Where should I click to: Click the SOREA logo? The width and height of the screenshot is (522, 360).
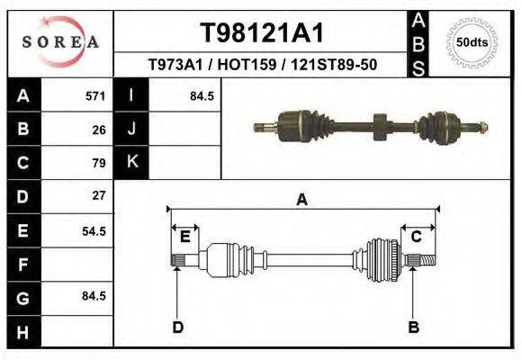tap(60, 41)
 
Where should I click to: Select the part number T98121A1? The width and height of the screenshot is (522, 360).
tap(261, 33)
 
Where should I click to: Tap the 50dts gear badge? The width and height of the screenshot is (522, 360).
tap(473, 41)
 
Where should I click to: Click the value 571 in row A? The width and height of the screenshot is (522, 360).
tap(95, 95)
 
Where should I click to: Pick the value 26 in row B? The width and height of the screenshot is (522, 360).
tap(99, 129)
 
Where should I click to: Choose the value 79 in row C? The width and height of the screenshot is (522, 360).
tap(99, 163)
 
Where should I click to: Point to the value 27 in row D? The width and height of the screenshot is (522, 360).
tap(99, 195)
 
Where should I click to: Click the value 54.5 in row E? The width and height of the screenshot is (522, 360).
tap(94, 230)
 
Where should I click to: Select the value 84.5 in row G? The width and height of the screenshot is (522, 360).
tap(94, 296)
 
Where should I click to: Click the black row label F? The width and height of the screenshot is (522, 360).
tap(23, 264)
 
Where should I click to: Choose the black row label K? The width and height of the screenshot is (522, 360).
tap(131, 162)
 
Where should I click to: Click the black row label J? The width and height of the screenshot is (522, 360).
tap(131, 129)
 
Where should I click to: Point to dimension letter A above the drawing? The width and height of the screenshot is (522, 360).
tap(301, 200)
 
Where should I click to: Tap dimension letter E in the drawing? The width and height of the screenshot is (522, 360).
tap(184, 237)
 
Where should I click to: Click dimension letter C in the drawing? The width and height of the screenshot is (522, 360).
tap(417, 237)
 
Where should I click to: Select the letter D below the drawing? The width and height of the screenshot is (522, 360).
tap(177, 327)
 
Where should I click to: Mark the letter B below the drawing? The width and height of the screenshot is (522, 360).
tap(414, 327)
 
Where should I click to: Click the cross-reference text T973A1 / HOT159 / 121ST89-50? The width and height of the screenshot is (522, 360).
tap(262, 65)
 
